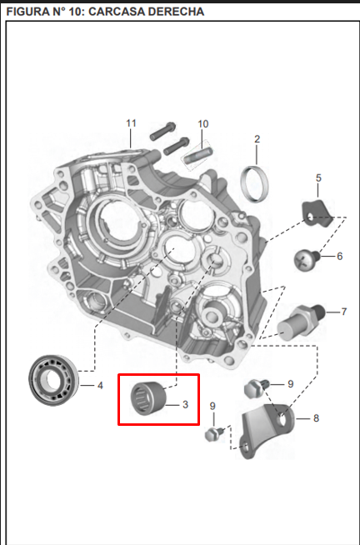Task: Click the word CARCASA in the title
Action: (117, 12)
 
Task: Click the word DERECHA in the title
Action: (176, 12)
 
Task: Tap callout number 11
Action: (131, 123)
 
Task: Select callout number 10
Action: (203, 124)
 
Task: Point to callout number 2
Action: (257, 139)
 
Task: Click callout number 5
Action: (318, 178)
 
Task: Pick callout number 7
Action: (343, 312)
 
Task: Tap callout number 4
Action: (100, 386)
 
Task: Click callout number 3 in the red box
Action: (185, 404)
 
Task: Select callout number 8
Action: (316, 418)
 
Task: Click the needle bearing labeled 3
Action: (148, 398)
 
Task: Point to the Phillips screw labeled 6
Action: (307, 260)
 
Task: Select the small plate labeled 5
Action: (317, 213)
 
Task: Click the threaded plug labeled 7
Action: (301, 322)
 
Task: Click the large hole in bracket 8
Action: (283, 419)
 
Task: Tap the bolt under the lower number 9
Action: (214, 434)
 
